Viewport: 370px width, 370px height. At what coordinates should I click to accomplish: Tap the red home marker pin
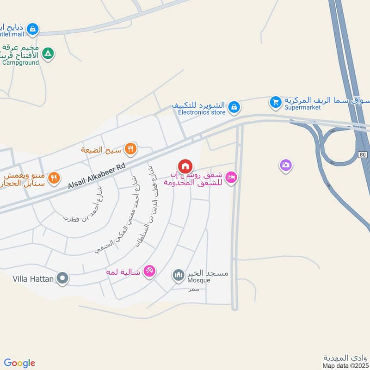click(x=185, y=166)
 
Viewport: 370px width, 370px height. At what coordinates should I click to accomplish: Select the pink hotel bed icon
click(x=231, y=177)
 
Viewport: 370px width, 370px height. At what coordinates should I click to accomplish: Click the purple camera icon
click(x=286, y=165)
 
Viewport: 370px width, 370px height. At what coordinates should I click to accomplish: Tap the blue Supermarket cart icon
click(x=276, y=101)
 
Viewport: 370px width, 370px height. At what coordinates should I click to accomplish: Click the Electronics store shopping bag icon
click(x=234, y=107)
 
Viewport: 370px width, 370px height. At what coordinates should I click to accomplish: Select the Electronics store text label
click(x=202, y=112)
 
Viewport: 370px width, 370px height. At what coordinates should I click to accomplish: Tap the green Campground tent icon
click(x=47, y=54)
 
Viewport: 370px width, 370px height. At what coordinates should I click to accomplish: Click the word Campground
click(x=20, y=62)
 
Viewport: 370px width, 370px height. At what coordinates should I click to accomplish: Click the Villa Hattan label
click(x=31, y=279)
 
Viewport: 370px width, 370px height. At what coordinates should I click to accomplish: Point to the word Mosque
click(x=199, y=280)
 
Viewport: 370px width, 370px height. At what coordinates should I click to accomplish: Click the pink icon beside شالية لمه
click(x=149, y=271)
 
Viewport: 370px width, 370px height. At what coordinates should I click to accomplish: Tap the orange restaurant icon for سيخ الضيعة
click(x=131, y=148)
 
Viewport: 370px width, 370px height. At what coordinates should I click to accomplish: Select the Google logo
click(x=19, y=363)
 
